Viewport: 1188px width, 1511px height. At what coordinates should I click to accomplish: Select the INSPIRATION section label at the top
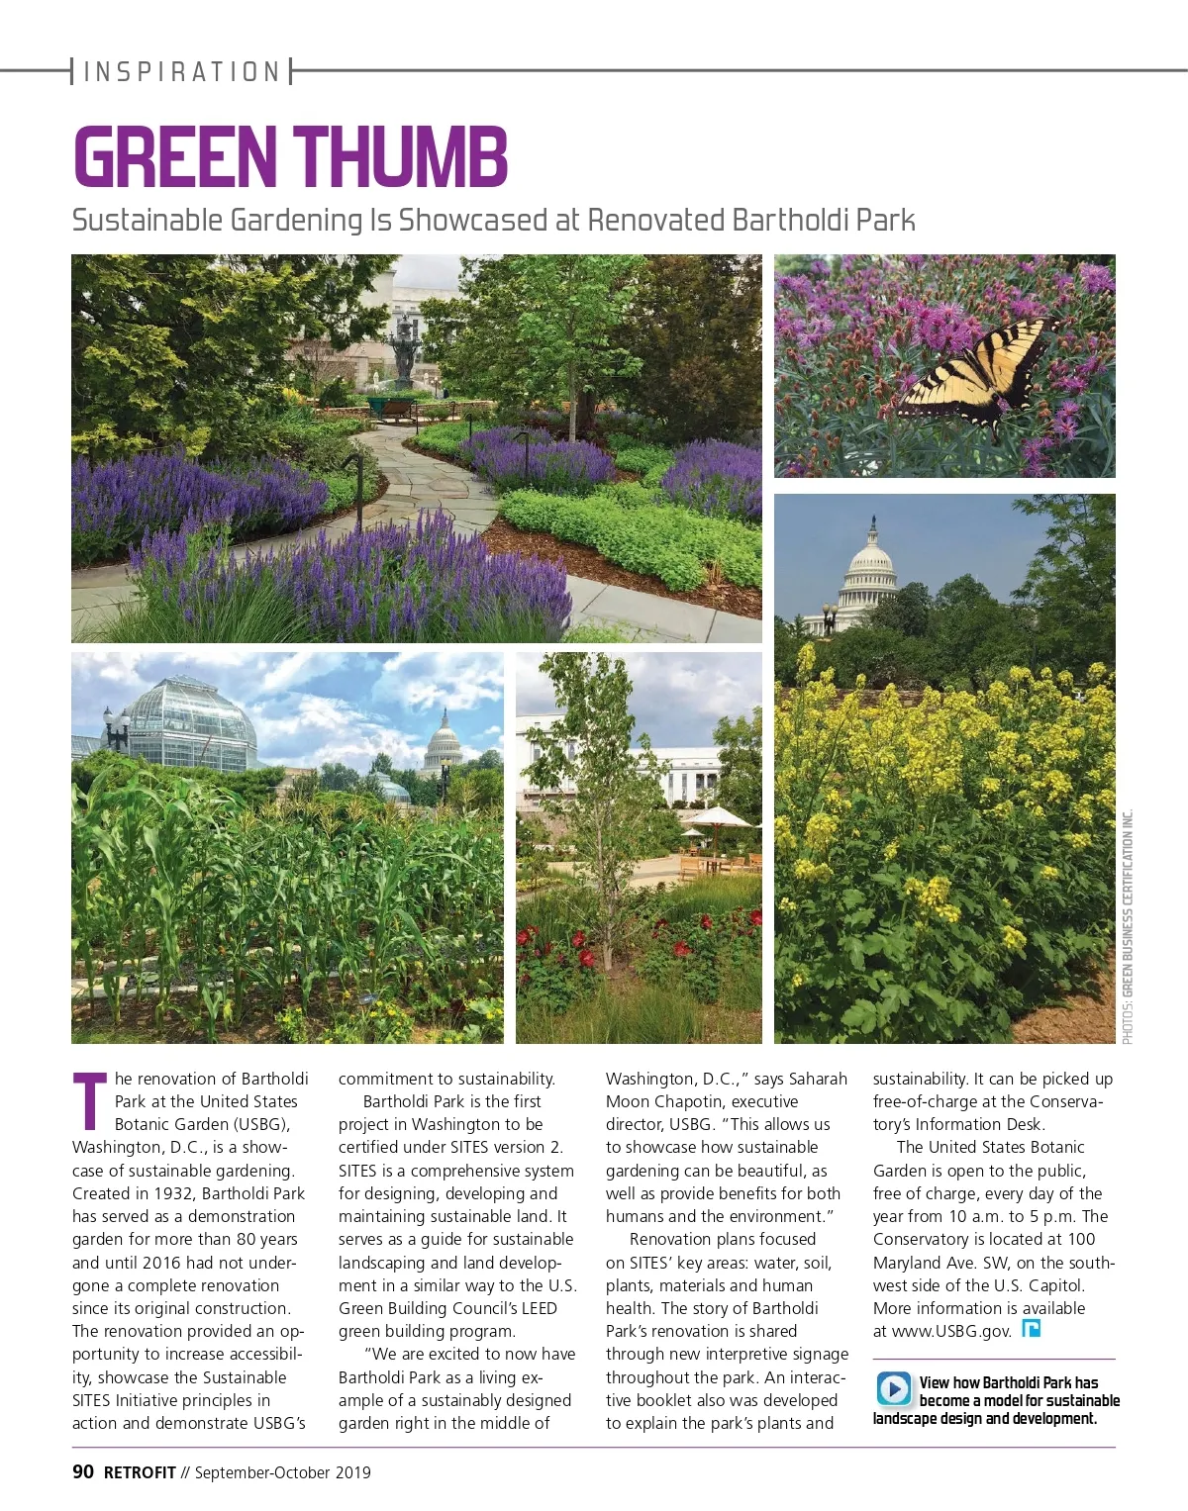182,71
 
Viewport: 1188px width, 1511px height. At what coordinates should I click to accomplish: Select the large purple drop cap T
90,1100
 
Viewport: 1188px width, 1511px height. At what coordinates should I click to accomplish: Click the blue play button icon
893,1388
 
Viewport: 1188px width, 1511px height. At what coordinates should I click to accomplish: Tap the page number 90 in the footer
83,1471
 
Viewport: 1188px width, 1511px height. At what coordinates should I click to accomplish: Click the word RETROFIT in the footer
140,1472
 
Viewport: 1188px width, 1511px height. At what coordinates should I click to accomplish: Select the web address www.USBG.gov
951,1331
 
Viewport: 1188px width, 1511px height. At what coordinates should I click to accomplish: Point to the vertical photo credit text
1128,926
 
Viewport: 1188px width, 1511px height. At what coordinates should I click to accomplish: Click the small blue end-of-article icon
1031,1329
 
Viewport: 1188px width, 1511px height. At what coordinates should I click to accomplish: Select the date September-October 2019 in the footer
282,1472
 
